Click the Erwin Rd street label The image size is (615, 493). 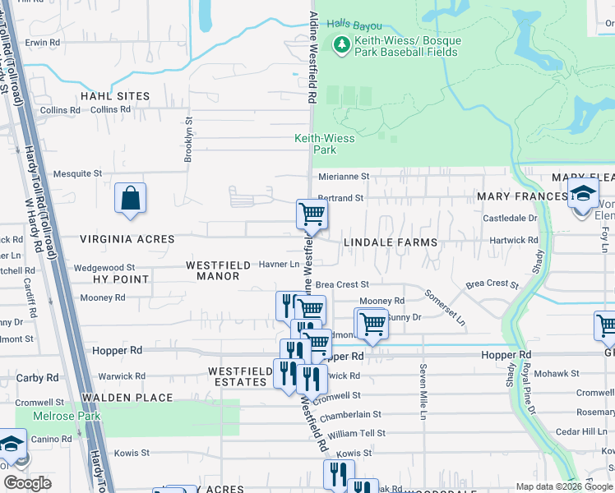tap(43, 41)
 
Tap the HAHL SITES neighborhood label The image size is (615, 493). tap(115, 96)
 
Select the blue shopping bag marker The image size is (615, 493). tap(130, 198)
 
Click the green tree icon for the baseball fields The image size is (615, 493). tap(341, 45)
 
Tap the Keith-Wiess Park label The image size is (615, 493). tap(325, 144)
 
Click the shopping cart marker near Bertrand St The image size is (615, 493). tap(312, 214)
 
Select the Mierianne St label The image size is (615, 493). tap(344, 176)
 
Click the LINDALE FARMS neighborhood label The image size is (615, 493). tap(390, 243)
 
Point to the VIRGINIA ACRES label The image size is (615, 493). tap(127, 239)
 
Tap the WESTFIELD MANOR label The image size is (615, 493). tap(213, 270)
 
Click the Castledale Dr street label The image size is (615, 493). tap(509, 219)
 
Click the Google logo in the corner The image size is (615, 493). tap(27, 483)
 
